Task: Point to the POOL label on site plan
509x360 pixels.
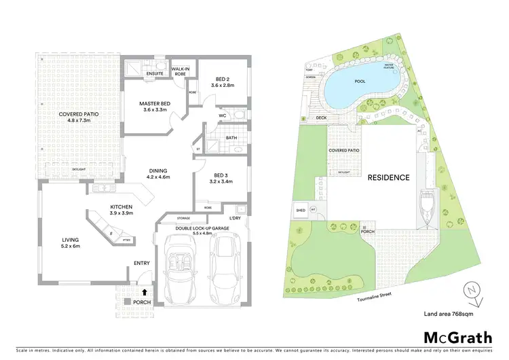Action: pyautogui.click(x=360, y=82)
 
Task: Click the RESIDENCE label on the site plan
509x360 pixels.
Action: pyautogui.click(x=388, y=178)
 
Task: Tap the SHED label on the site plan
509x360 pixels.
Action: pyautogui.click(x=301, y=211)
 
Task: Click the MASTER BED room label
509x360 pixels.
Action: pyautogui.click(x=155, y=107)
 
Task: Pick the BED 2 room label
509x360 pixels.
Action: pyautogui.click(x=222, y=82)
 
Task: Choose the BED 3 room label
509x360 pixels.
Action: pyautogui.click(x=221, y=178)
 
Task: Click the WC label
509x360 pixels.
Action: pyautogui.click(x=223, y=115)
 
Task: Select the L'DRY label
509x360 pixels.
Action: pyautogui.click(x=235, y=217)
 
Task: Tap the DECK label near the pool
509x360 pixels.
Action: pyautogui.click(x=322, y=118)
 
